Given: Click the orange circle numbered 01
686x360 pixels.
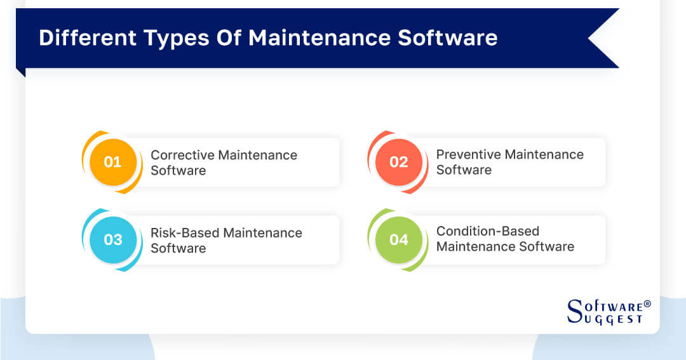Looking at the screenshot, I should (112, 162).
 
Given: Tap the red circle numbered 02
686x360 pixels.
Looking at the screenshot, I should (398, 162).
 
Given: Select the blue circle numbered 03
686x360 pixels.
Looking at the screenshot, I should (112, 240).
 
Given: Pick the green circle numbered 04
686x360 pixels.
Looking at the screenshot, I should (398, 240).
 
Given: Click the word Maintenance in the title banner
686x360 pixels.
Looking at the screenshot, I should (319, 37).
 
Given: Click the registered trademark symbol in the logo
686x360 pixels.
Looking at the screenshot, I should (647, 304).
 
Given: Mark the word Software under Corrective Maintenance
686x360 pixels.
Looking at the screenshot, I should (178, 171).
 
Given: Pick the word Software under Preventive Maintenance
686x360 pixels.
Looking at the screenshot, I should (464, 170).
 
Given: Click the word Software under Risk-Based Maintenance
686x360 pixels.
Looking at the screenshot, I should (178, 248).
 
